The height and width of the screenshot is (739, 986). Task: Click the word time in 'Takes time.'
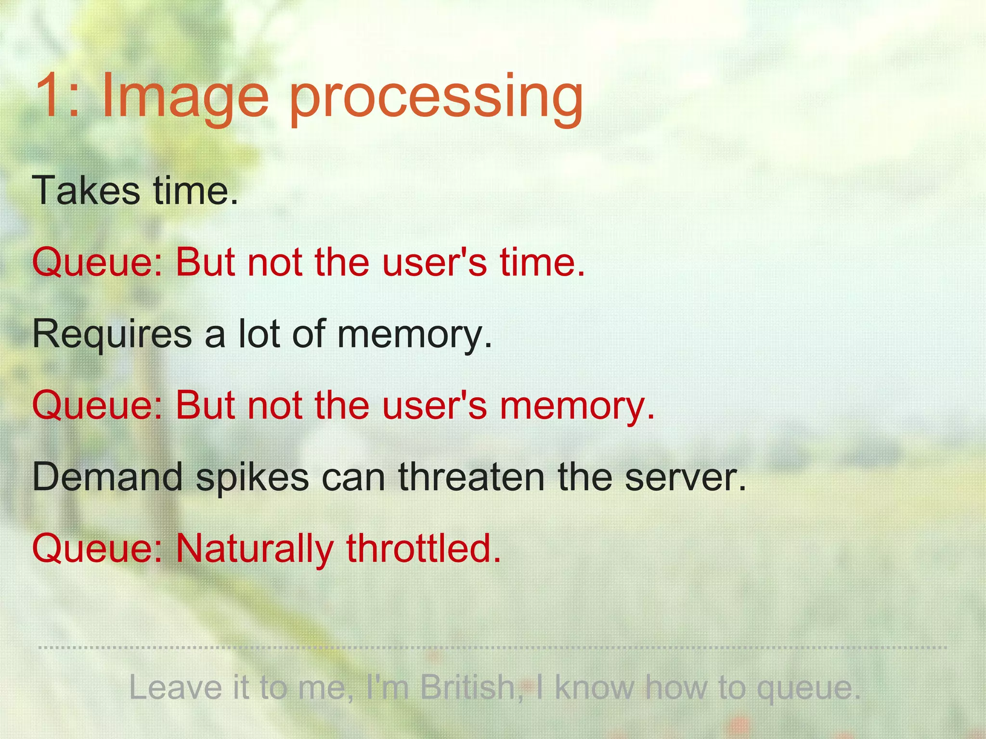pyautogui.click(x=195, y=191)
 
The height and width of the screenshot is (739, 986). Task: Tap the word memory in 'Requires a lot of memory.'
pyautogui.click(x=414, y=336)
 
